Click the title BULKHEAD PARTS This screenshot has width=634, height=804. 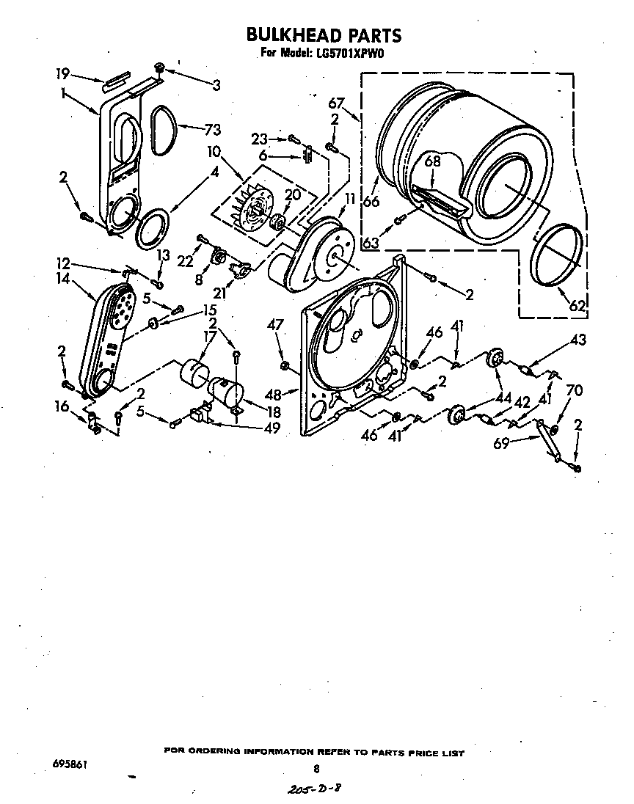click(x=323, y=34)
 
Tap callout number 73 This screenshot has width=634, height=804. click(x=212, y=130)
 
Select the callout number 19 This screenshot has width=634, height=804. click(x=63, y=73)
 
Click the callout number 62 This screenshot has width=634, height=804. click(x=578, y=306)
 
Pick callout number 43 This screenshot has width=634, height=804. click(x=579, y=340)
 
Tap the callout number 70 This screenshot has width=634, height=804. click(x=575, y=391)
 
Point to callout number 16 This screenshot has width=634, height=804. click(x=62, y=406)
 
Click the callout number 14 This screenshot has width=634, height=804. click(x=61, y=279)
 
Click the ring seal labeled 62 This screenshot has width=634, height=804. click(x=561, y=255)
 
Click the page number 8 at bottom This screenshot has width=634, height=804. click(x=316, y=768)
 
